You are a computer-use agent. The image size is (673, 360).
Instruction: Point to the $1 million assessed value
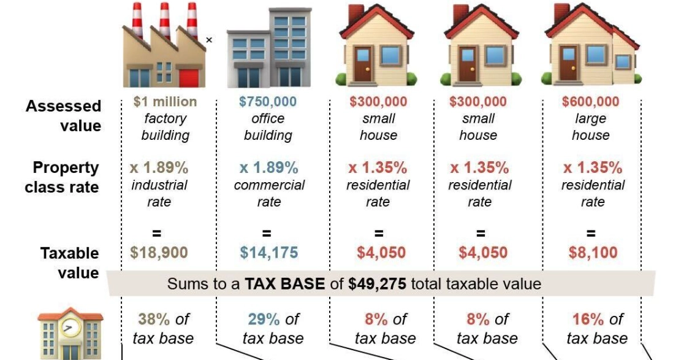tap(165, 102)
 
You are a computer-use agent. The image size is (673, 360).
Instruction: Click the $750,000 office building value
tap(268, 102)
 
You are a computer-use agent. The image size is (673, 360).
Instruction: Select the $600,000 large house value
tap(590, 102)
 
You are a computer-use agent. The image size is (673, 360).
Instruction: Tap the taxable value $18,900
tap(159, 252)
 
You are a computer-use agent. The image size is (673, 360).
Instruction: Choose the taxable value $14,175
tap(268, 252)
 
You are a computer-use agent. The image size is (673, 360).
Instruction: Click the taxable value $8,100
tap(593, 252)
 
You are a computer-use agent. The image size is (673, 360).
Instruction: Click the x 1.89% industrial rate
tap(159, 168)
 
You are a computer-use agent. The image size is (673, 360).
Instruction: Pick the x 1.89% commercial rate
tap(268, 168)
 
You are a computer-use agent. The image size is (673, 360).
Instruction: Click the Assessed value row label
tap(63, 115)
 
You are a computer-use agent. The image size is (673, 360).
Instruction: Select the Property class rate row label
tap(61, 177)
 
